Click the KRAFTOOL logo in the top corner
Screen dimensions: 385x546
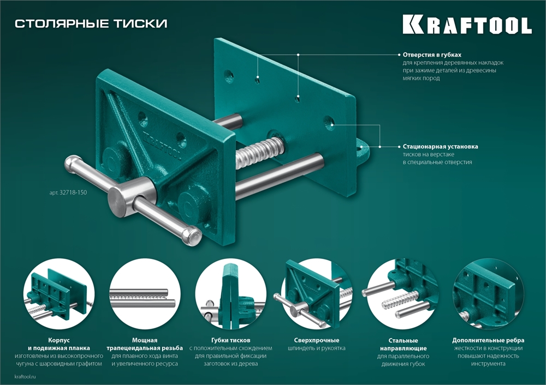(467, 25)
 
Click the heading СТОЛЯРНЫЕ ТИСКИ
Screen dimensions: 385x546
(91, 23)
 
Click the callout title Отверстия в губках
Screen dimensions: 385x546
(432, 55)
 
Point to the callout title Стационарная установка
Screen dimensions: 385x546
(440, 147)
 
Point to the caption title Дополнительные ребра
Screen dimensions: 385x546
(488, 339)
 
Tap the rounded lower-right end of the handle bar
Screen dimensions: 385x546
(192, 235)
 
